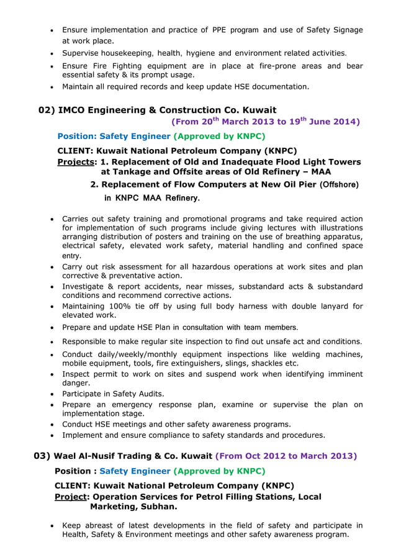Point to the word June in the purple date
click(x=319, y=122)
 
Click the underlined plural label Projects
click(x=77, y=161)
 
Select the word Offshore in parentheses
click(x=339, y=184)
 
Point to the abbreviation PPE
click(x=220, y=30)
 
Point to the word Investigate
click(x=84, y=286)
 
